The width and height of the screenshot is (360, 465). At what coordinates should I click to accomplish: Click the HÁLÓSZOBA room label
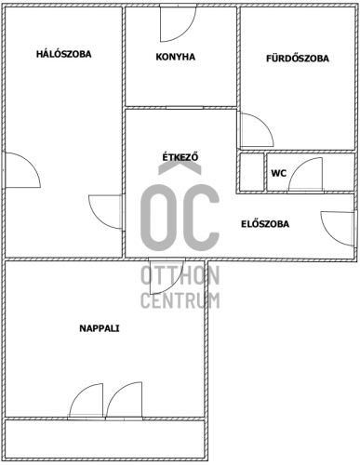64,54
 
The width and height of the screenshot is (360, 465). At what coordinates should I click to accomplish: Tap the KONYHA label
176,57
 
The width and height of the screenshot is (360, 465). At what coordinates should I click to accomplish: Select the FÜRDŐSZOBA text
298,59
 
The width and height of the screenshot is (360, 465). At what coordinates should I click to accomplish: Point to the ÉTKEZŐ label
180,157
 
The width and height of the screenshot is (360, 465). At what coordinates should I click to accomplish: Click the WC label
279,173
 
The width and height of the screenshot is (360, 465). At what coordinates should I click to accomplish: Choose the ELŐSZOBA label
265,224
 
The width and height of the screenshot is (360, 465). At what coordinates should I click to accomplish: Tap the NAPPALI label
100,328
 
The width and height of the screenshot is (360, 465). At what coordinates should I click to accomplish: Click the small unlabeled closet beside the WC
251,172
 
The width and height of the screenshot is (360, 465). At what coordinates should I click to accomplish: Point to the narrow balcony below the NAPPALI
104,439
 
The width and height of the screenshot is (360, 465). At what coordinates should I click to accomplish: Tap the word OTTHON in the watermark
180,275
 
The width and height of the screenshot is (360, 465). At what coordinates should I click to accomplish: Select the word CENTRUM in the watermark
180,300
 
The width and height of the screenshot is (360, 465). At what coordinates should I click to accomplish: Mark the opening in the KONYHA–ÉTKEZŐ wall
184,108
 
